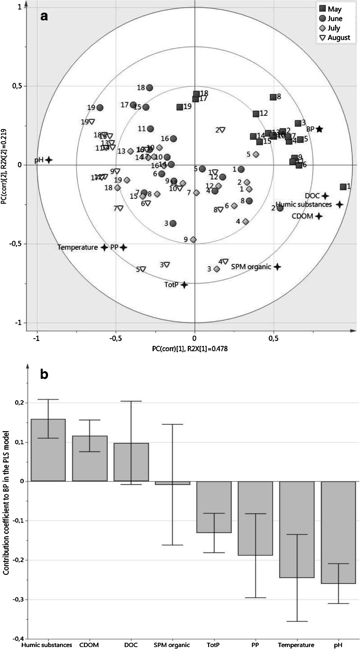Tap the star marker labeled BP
319,130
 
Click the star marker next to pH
49,160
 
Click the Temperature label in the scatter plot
78,247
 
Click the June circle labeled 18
150,88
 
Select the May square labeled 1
343,187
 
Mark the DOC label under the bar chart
131,645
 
